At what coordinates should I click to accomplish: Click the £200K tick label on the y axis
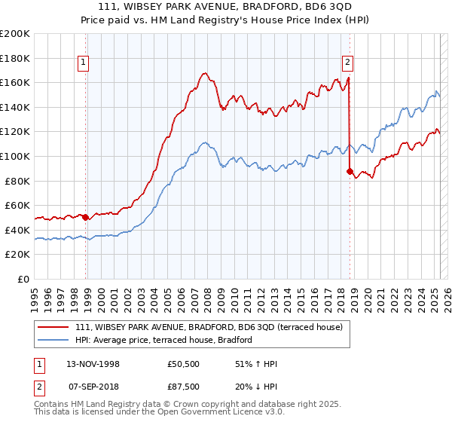click(x=15, y=33)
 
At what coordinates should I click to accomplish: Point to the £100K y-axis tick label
click(x=15, y=156)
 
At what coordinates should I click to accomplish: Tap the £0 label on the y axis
click(x=24, y=279)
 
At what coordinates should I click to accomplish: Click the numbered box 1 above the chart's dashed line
click(x=82, y=63)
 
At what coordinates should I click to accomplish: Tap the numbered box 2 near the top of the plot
click(x=347, y=63)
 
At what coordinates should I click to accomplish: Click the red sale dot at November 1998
click(x=85, y=217)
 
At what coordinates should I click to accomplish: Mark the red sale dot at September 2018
click(x=350, y=172)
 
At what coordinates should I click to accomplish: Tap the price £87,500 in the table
click(x=185, y=387)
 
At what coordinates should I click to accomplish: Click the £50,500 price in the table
click(x=185, y=364)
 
